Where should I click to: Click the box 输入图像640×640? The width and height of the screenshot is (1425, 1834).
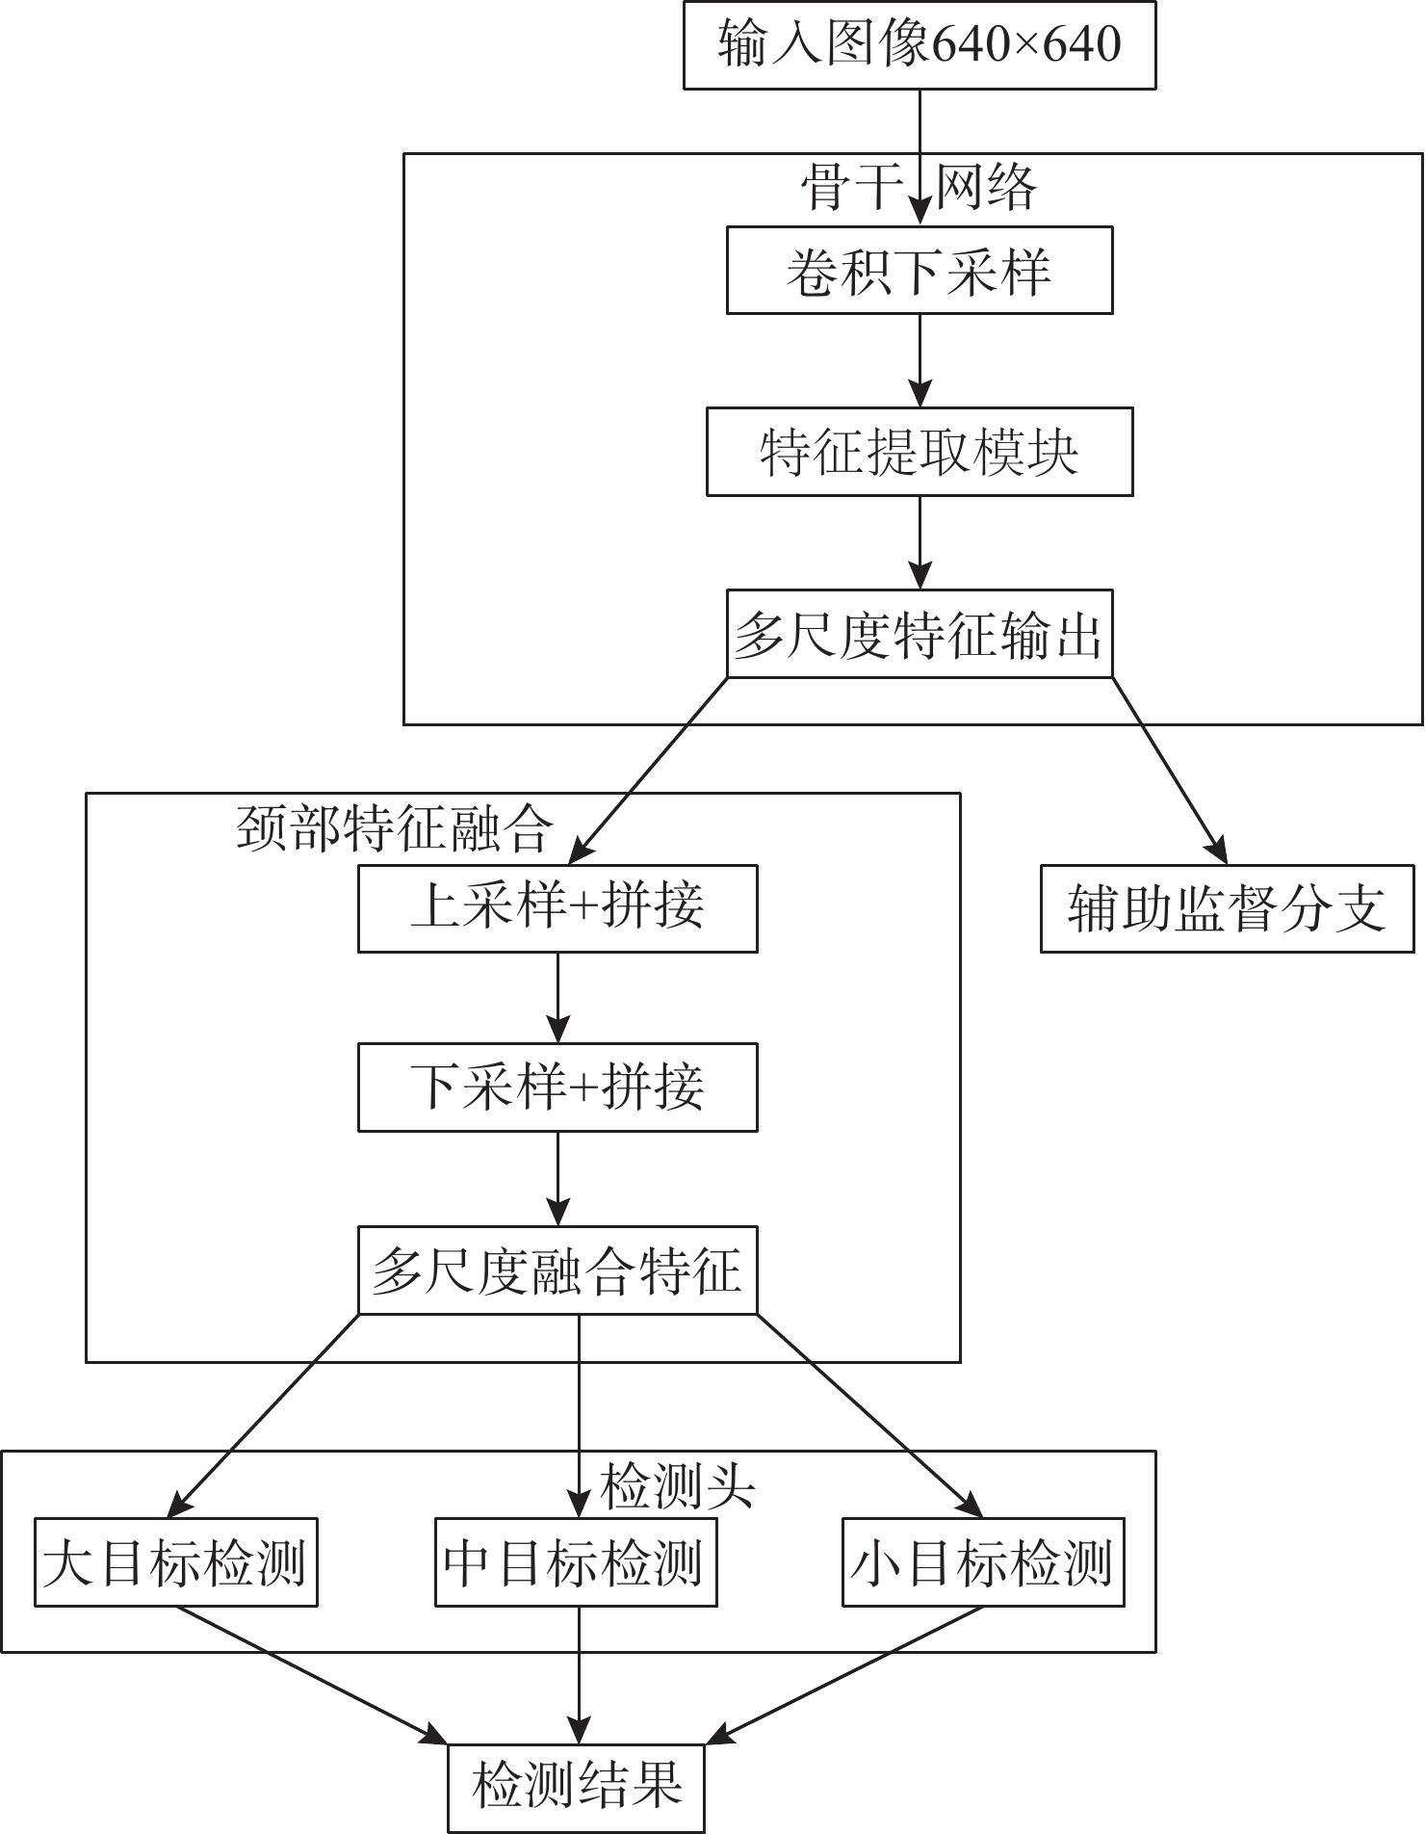click(920, 44)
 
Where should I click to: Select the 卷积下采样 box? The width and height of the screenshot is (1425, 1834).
click(920, 270)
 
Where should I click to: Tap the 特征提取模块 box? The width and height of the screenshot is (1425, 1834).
click(920, 452)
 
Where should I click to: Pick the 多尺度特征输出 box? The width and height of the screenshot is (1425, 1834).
click(920, 634)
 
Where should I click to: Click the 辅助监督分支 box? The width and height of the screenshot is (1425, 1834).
click(1228, 908)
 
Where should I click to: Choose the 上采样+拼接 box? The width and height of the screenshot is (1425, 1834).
click(557, 908)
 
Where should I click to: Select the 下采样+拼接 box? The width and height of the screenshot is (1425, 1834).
click(557, 1087)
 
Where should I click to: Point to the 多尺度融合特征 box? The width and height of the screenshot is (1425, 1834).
click(557, 1270)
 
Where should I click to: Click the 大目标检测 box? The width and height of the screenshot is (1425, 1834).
click(176, 1562)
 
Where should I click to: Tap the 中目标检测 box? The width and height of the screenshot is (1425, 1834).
click(576, 1562)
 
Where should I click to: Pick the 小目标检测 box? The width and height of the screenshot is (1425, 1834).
click(983, 1562)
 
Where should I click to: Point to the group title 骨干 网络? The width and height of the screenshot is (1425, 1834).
click(920, 187)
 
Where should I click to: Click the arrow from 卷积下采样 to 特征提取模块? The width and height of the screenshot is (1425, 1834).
click(920, 360)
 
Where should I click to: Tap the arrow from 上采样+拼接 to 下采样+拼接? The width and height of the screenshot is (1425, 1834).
click(557, 998)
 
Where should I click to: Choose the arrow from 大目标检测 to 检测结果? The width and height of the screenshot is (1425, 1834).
click(312, 1675)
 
